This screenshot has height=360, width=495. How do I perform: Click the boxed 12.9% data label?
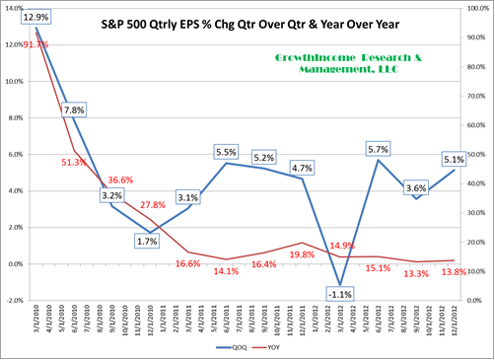point(35,19)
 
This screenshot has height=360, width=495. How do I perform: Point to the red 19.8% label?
point(302,254)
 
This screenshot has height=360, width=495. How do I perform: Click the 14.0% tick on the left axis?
point(14,8)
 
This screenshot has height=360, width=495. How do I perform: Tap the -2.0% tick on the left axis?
point(14,300)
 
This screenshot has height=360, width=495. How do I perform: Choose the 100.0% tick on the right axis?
point(480,8)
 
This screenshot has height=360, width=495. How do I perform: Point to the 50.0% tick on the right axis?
point(480,155)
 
